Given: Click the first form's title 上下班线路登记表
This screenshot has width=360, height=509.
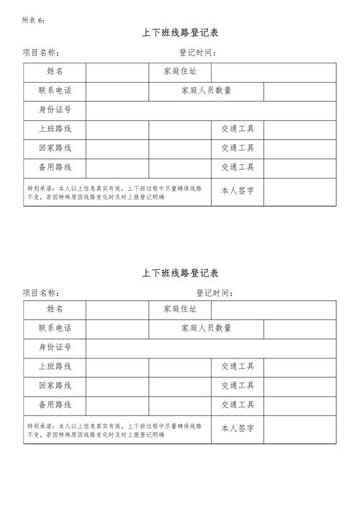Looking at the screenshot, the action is [x=180, y=34].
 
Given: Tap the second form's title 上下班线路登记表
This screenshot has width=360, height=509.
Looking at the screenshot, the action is [x=180, y=273].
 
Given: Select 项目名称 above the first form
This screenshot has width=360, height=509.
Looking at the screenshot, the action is [x=40, y=53].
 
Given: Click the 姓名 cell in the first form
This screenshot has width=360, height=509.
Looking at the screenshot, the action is [x=55, y=72].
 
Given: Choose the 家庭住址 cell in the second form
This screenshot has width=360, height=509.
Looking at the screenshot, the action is [x=180, y=310].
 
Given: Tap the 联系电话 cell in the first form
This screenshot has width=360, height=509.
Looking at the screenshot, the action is [x=55, y=91].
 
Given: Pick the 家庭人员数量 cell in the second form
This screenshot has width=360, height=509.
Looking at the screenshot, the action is [x=206, y=329].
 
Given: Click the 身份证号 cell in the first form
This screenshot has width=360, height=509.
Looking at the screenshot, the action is [x=55, y=111].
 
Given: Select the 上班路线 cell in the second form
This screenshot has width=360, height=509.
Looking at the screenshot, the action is [x=55, y=366].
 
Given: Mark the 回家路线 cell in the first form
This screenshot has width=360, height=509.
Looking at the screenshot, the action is [x=55, y=148].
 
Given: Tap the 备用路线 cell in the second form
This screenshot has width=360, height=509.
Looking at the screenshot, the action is [x=55, y=405].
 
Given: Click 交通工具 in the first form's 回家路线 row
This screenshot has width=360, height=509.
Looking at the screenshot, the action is [x=238, y=148].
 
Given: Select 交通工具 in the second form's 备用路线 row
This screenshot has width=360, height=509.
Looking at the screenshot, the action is [x=238, y=405].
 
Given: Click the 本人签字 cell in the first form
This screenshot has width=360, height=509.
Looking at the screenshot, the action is [x=238, y=191].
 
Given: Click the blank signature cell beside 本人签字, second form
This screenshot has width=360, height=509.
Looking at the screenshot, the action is [x=300, y=429].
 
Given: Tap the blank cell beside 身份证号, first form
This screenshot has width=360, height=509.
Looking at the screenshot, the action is [x=211, y=111].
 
